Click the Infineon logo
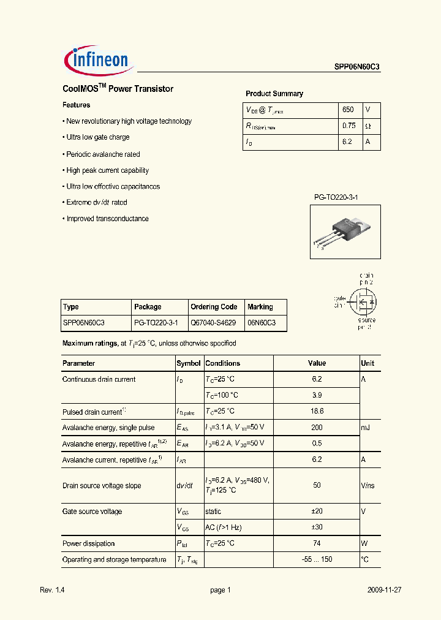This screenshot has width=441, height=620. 97,59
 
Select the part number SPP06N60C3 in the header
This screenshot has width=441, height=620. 357,68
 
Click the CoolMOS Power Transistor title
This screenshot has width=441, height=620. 118,89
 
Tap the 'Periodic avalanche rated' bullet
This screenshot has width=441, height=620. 102,154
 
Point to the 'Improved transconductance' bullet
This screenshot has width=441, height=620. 107,219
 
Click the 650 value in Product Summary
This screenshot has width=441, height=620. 348,110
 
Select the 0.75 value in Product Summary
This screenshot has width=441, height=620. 349,126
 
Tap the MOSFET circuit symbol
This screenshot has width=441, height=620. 362,301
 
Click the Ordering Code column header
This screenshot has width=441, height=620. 214,307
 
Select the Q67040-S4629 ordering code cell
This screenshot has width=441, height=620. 214,322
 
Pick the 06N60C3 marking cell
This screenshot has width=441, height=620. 262,322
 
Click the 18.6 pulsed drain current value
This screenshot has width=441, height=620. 317,412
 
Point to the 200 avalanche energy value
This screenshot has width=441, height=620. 317,428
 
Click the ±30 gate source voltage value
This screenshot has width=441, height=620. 317,527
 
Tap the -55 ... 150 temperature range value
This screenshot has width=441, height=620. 317,559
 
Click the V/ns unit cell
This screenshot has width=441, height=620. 367,485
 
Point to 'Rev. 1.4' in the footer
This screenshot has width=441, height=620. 52,590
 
